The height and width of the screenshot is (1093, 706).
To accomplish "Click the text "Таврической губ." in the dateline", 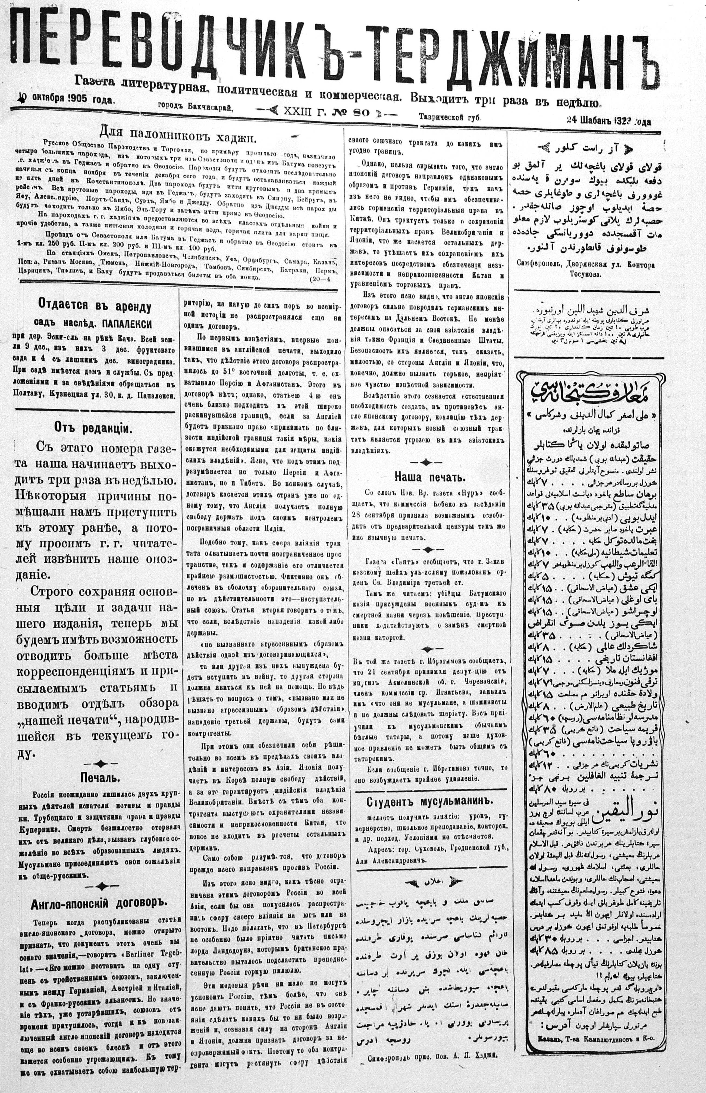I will (x=449, y=117).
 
